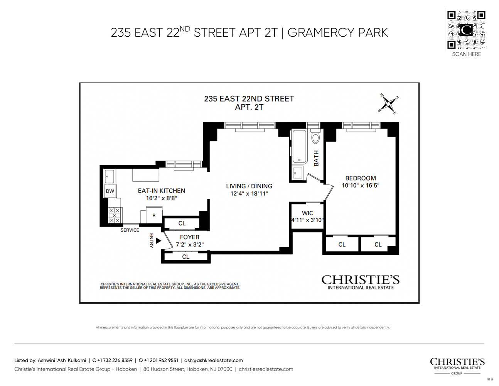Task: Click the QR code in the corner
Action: tap(466, 30)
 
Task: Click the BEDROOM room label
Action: tap(360, 178)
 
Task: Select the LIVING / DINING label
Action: tap(249, 186)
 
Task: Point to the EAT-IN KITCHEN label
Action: tap(161, 191)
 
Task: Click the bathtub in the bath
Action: tap(299, 147)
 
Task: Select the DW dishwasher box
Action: tap(110, 191)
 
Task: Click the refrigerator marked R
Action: tap(154, 215)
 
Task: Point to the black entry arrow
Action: tap(158, 241)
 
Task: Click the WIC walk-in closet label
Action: tap(307, 213)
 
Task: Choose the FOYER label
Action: tap(189, 237)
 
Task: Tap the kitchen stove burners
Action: tap(115, 215)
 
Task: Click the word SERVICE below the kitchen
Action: tap(130, 230)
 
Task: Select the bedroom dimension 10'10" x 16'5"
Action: tap(360, 186)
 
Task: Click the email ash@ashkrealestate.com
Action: tap(213, 361)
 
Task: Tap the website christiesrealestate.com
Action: tap(266, 369)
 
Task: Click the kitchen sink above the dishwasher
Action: tap(110, 176)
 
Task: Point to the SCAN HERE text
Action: tap(466, 54)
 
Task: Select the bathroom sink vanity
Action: tap(297, 173)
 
